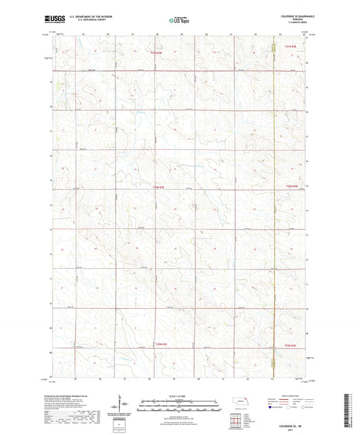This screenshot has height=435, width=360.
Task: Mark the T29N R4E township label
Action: pyautogui.click(x=290, y=347)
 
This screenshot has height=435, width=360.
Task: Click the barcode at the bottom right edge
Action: pyautogui.click(x=353, y=412)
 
